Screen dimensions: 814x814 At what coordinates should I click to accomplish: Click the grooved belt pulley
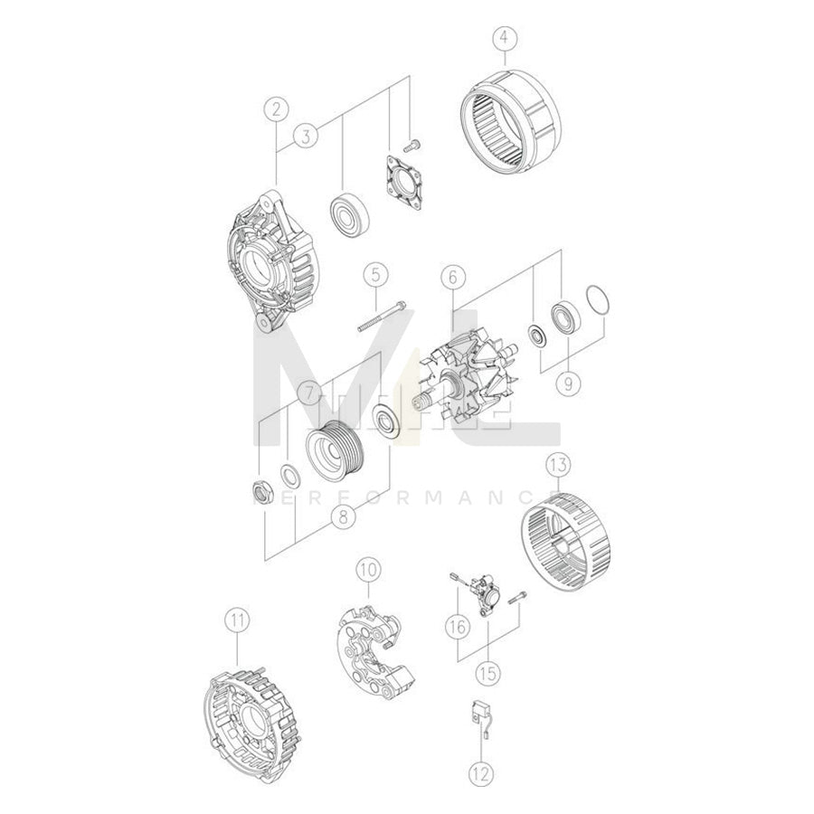click(x=335, y=445)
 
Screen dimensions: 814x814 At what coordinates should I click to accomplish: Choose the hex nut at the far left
click(x=262, y=492)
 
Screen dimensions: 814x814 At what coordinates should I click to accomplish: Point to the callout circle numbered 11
click(x=237, y=620)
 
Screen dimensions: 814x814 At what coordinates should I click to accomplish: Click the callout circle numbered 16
click(x=457, y=624)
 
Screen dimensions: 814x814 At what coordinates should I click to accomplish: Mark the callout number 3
click(x=308, y=137)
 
